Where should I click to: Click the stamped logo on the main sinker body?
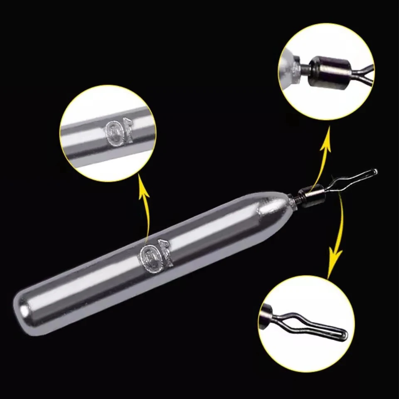(x=155, y=256)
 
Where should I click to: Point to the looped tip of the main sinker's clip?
(x=374, y=172)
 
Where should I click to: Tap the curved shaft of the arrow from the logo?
(x=147, y=216)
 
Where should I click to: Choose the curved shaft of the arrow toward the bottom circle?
(x=341, y=224)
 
